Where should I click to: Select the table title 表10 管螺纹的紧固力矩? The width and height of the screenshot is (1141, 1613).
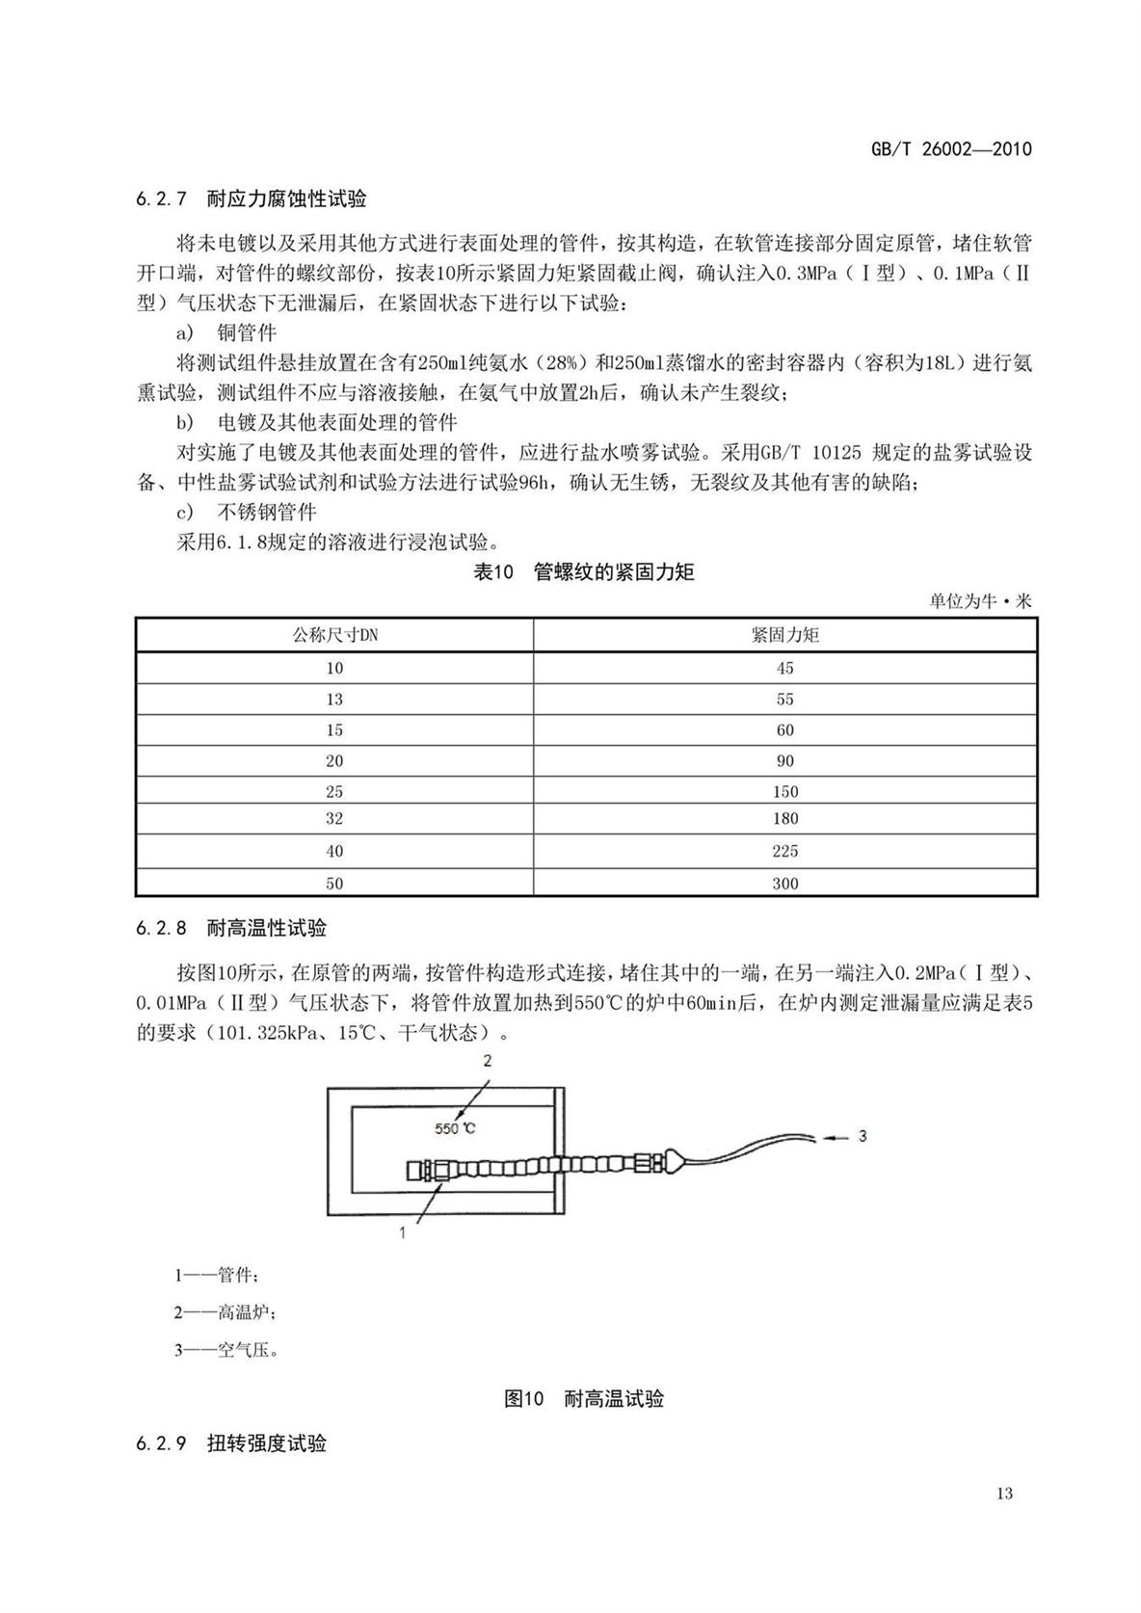(584, 572)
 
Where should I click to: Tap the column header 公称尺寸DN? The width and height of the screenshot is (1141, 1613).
(334, 635)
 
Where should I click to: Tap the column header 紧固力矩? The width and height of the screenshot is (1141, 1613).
(784, 635)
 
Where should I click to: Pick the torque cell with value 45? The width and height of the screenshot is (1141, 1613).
(784, 668)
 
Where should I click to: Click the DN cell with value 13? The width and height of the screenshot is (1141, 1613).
(334, 699)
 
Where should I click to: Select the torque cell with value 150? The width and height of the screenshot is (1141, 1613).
(784, 791)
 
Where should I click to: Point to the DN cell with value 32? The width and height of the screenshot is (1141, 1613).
(334, 818)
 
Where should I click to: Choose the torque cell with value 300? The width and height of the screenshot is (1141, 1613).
(784, 883)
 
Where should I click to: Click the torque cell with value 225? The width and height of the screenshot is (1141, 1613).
(784, 851)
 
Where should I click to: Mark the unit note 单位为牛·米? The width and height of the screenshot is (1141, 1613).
(979, 601)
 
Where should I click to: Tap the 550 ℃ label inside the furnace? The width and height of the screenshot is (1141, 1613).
(455, 1127)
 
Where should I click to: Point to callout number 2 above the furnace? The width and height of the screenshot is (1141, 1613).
(488, 1061)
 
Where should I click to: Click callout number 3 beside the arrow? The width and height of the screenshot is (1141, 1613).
(862, 1136)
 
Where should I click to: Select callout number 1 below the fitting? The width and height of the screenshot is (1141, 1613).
(402, 1230)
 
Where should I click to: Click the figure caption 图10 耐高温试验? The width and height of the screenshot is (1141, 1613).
(584, 1398)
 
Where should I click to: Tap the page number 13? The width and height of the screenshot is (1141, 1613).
(1004, 1494)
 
